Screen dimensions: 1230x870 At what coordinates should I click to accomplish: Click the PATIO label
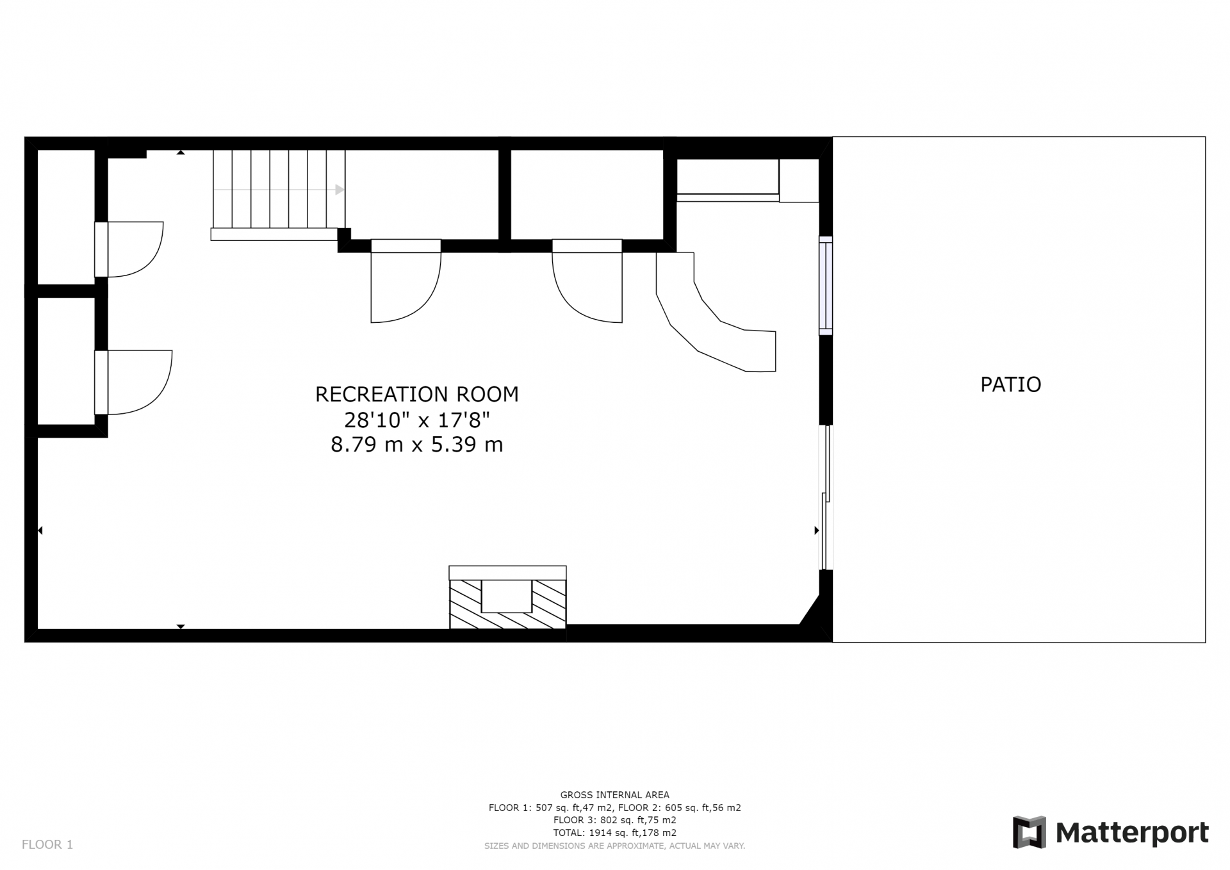1010,384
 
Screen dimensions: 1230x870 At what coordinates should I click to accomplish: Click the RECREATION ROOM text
416,394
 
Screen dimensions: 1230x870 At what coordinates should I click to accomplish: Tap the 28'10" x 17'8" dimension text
417,420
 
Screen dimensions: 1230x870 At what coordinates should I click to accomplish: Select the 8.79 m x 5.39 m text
416,445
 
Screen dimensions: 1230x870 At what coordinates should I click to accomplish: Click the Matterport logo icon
1029,832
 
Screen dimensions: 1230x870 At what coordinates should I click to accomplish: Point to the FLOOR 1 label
47,844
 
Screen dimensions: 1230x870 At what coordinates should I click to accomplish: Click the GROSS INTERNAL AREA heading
614,795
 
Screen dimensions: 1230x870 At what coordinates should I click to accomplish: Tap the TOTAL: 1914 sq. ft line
614,833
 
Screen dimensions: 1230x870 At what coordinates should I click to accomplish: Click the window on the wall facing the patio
826,285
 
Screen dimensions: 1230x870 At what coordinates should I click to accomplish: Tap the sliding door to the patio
826,498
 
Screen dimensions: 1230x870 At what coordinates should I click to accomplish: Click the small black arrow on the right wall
817,530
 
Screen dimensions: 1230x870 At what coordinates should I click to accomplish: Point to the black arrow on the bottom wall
181,627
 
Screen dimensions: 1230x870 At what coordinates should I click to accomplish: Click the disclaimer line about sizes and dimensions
614,846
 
